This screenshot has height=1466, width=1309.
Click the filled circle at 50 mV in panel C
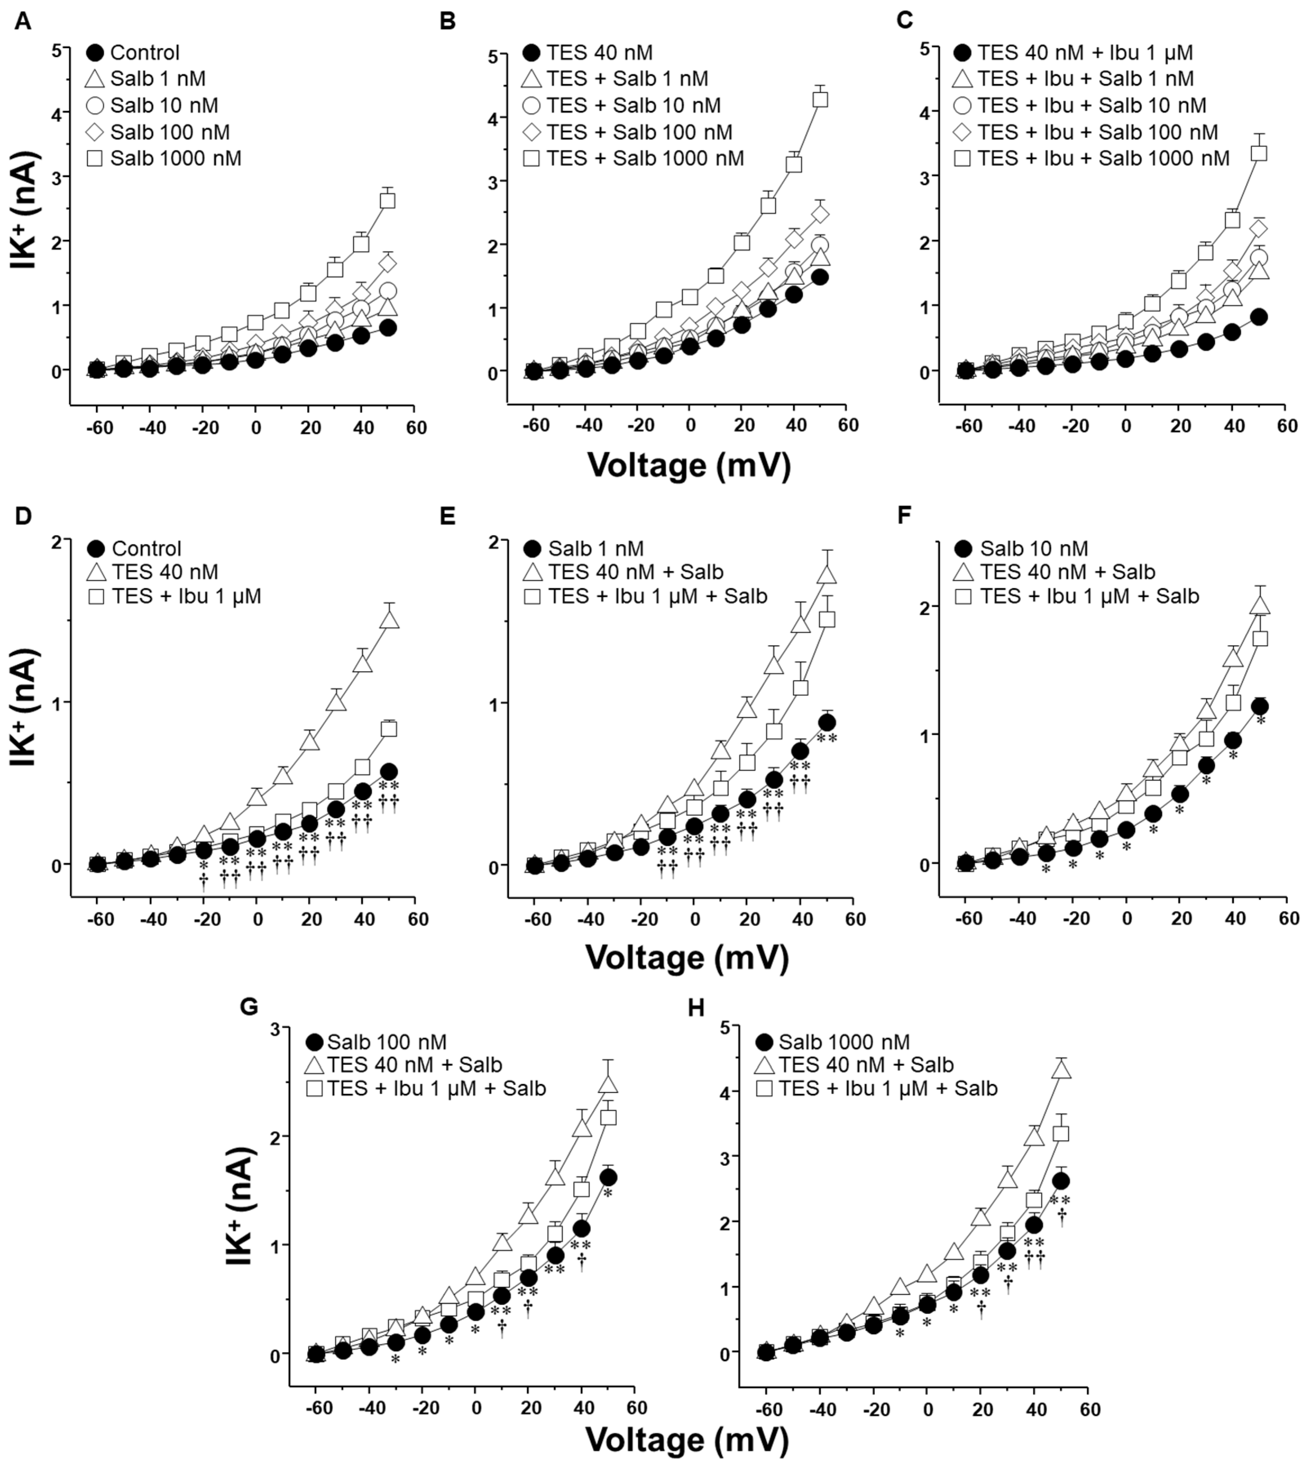point(1259,317)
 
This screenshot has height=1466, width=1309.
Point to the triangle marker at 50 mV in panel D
point(389,620)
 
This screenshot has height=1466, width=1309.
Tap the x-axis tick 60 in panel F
point(1288,919)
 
